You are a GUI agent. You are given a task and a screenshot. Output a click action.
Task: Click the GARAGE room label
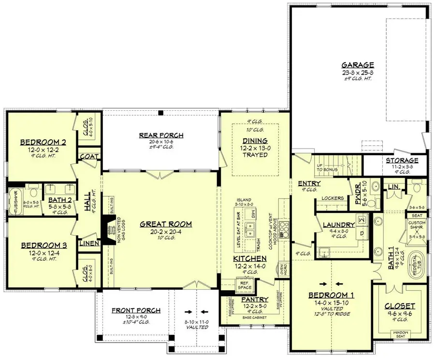pyautogui.click(x=358, y=64)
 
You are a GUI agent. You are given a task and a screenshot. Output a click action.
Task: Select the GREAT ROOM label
pyautogui.click(x=159, y=224)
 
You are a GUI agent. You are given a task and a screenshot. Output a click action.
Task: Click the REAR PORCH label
pyautogui.click(x=161, y=135)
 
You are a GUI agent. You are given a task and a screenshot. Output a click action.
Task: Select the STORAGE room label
pyautogui.click(x=402, y=161)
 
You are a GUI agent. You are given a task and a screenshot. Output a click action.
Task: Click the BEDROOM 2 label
pyautogui.click(x=43, y=142)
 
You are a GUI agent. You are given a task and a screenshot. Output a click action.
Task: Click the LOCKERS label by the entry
pyautogui.click(x=332, y=198)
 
